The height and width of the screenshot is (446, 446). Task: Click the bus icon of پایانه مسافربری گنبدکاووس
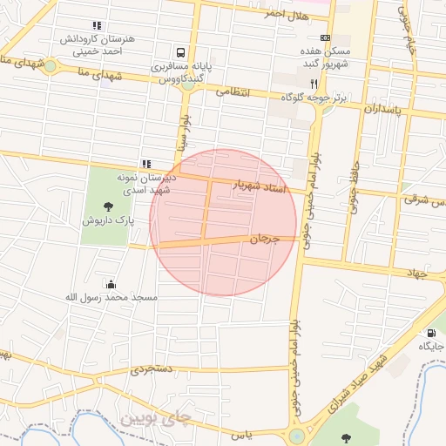180,52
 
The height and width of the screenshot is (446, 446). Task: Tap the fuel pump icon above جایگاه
430,334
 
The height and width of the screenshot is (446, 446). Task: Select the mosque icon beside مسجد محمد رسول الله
111,284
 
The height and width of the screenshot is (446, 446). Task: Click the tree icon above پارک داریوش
108,206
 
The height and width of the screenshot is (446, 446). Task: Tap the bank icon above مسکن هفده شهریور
325,38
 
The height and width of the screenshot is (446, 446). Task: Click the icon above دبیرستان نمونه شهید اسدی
146,164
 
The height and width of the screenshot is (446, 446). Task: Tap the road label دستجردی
153,369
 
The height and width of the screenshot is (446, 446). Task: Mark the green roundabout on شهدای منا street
51,65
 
